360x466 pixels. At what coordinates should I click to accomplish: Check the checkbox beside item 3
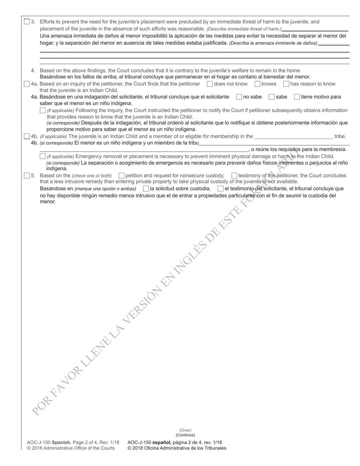(27, 22)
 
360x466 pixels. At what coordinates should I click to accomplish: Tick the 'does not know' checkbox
(210, 84)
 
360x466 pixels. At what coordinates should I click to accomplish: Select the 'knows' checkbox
(257, 84)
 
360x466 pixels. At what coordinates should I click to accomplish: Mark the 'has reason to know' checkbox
(286, 84)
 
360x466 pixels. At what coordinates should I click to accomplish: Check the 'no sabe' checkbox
(239, 97)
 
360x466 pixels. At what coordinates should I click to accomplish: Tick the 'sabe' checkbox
(271, 97)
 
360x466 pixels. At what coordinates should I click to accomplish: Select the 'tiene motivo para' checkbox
(297, 97)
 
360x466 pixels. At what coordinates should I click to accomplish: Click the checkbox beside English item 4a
(27, 84)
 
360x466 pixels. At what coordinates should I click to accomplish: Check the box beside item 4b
(27, 136)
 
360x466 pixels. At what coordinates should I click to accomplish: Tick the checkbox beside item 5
(27, 175)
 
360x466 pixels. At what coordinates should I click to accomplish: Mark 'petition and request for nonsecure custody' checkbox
(121, 175)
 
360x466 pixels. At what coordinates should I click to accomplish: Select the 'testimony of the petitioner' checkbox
(234, 175)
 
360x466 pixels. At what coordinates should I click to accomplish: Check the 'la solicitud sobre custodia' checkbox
(146, 188)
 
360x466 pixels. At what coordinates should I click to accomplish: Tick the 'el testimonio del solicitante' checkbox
(220, 188)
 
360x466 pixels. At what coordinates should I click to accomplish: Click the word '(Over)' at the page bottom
(185, 430)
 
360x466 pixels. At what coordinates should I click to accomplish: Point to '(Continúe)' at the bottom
(185, 435)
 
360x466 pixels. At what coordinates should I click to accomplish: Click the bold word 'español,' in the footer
(162, 442)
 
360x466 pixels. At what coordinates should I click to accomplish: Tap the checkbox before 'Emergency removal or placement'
(42, 156)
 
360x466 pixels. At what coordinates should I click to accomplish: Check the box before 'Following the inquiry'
(42, 110)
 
